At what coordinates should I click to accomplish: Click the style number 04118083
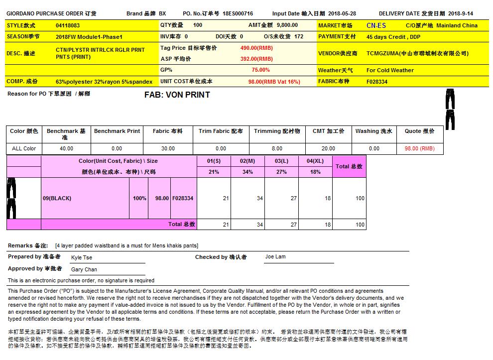click(68, 25)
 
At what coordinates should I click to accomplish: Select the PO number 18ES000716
click(238, 14)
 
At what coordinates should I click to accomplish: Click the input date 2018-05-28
click(342, 14)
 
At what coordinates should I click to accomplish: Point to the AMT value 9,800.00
click(287, 25)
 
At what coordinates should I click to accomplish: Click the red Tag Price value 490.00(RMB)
click(256, 48)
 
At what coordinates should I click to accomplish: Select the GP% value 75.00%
click(260, 70)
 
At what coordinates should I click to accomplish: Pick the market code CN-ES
click(376, 25)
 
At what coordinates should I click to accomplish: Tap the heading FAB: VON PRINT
click(177, 95)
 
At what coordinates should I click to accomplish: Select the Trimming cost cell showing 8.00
click(277, 148)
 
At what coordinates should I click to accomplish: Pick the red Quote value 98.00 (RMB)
click(419, 148)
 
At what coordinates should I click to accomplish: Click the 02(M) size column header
click(247, 161)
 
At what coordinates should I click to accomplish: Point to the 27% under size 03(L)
click(281, 172)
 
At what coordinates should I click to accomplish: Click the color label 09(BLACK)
click(57, 198)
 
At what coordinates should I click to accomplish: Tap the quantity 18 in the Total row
click(327, 225)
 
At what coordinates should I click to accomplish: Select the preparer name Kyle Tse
click(82, 257)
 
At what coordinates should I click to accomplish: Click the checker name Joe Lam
click(275, 257)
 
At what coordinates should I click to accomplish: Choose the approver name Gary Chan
click(84, 269)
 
